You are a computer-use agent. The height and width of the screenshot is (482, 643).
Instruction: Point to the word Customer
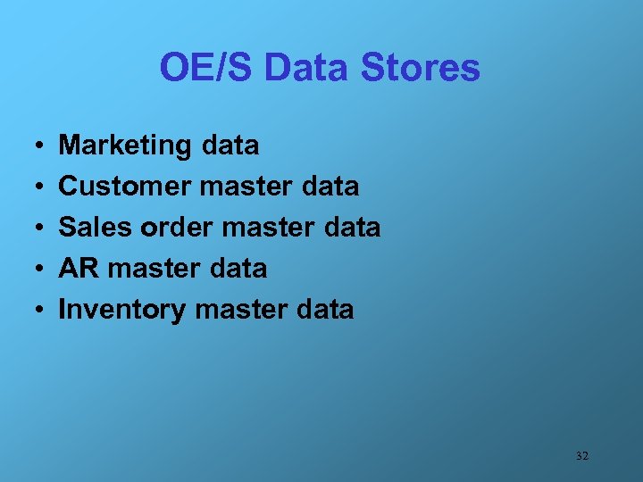(125, 187)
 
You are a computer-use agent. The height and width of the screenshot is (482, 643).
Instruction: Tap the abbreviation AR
(77, 269)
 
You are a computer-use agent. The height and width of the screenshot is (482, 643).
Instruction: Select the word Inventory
(121, 310)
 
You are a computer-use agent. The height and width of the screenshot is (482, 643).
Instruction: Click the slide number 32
(582, 456)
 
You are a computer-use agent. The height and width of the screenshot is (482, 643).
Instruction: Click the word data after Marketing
(230, 145)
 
